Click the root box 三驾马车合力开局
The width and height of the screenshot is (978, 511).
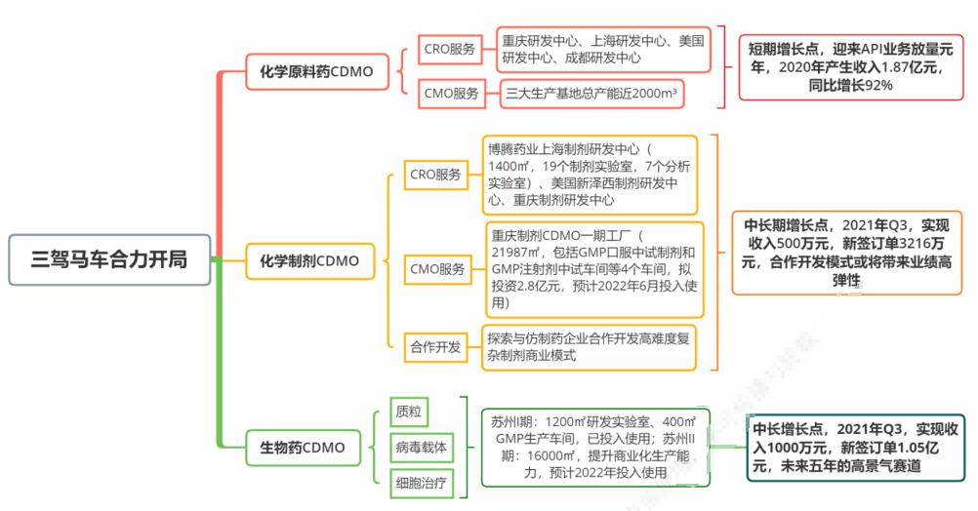tap(109, 259)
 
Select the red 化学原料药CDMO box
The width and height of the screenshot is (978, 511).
tap(317, 71)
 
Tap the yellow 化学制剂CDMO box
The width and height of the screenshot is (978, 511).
tap(310, 261)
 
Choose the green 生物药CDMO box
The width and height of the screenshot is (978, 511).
tap(303, 448)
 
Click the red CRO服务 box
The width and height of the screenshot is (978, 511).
tap(450, 49)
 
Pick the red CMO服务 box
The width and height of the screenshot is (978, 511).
tap(452, 94)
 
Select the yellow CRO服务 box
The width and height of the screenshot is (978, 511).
tap(435, 176)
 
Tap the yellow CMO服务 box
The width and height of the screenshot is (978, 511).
tap(437, 269)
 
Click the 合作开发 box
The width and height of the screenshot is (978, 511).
tap(435, 347)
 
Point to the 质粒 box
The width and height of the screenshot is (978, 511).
tap(409, 412)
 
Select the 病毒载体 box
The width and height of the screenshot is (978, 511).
tap(422, 448)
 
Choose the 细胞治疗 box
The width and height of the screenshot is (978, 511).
tap(422, 483)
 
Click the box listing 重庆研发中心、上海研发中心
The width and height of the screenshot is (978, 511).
tap(603, 49)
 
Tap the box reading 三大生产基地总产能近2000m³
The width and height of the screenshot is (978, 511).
tap(591, 94)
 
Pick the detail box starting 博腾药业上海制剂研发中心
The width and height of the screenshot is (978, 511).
tap(590, 176)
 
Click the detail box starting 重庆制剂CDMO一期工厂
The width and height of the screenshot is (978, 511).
tap(594, 269)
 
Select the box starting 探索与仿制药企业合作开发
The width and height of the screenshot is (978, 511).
tap(589, 347)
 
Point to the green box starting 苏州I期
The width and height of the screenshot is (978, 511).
tap(595, 448)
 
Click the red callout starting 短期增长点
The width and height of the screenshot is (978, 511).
tap(851, 67)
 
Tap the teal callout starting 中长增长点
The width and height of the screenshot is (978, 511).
tap(856, 448)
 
